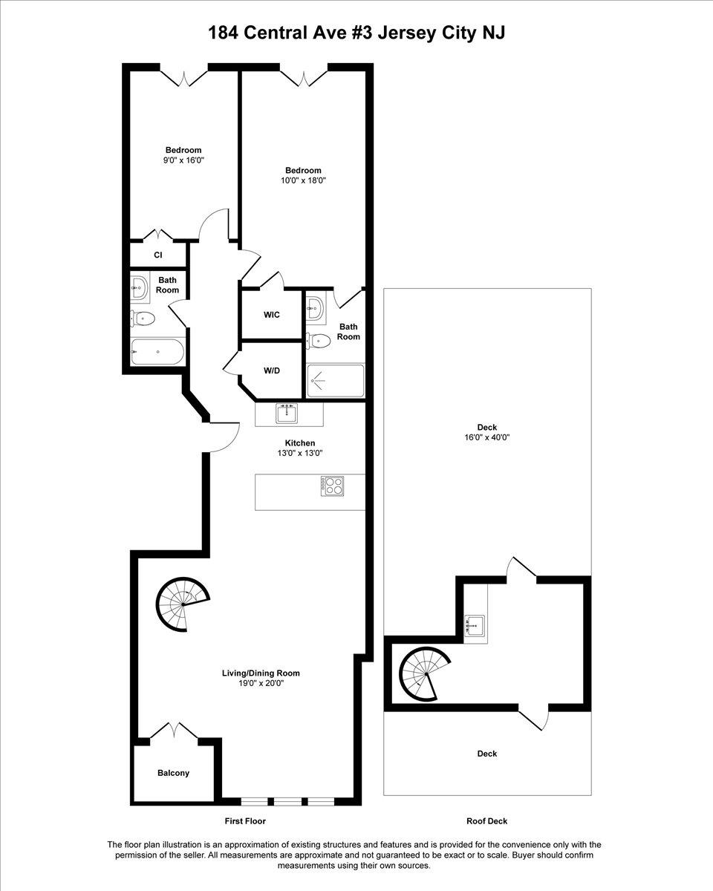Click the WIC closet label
click(x=272, y=315)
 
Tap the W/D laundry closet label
click(x=272, y=371)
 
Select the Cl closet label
click(x=158, y=255)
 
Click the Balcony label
click(x=173, y=773)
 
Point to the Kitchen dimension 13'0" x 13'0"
click(x=299, y=453)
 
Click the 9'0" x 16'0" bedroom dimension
click(x=183, y=160)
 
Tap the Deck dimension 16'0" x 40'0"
click(x=487, y=437)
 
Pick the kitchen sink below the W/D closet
click(x=286, y=413)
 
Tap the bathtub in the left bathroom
click(x=157, y=351)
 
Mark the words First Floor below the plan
click(x=245, y=821)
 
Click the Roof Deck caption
click(x=486, y=821)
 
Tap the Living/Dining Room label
click(x=261, y=673)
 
